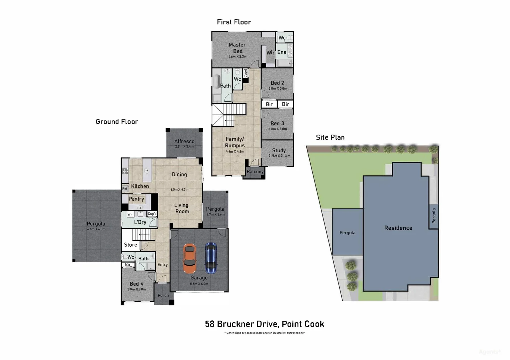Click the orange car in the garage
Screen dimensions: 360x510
(189, 259)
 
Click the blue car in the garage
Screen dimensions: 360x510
(211, 258)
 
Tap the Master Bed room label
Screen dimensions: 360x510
(237, 48)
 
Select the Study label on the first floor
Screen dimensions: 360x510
(279, 151)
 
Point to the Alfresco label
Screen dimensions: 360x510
(184, 141)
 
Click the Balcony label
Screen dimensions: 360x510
(255, 172)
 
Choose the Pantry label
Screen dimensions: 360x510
(136, 199)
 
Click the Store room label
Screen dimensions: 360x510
(130, 245)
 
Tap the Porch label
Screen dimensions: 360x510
(163, 295)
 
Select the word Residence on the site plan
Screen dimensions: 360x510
(398, 228)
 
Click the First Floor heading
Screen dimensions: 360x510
(233, 22)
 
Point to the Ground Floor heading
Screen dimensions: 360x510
(117, 122)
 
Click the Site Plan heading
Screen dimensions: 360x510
(330, 137)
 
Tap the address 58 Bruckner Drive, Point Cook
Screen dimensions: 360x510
(264, 324)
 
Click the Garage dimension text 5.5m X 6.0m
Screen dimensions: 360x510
(199, 284)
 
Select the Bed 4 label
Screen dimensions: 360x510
(136, 284)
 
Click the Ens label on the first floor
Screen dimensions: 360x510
(282, 52)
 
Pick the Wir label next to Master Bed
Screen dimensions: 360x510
(270, 53)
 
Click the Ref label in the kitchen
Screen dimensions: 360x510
(124, 189)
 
